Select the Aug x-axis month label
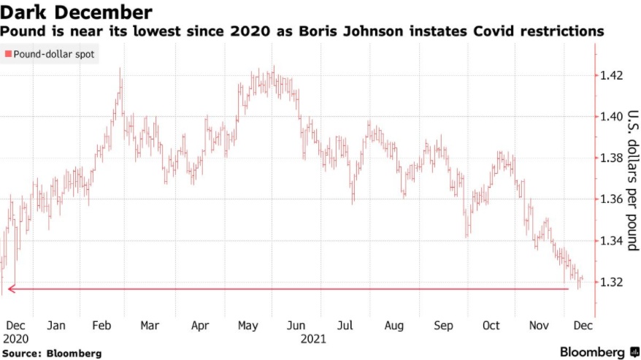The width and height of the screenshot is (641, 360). pos(394,326)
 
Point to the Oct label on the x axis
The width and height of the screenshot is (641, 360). pos(491,326)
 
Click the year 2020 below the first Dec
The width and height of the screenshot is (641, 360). pos(15,339)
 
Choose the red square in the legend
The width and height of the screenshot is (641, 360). pos(8,54)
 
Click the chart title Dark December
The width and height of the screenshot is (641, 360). pos(77,12)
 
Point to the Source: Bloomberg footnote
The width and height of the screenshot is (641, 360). pos(51,353)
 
